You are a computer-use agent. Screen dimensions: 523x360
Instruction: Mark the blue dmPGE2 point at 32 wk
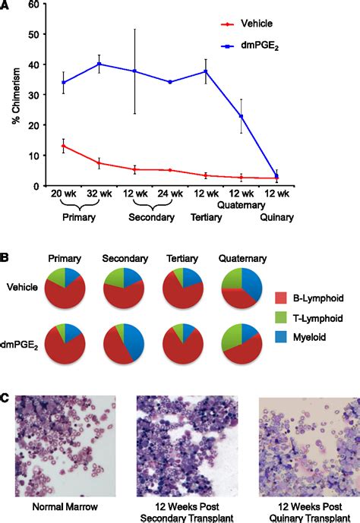99,64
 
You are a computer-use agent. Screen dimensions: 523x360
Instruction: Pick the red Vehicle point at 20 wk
63,146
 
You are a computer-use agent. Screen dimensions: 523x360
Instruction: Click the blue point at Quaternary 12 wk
241,116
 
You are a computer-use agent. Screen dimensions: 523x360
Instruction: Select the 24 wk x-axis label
170,194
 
